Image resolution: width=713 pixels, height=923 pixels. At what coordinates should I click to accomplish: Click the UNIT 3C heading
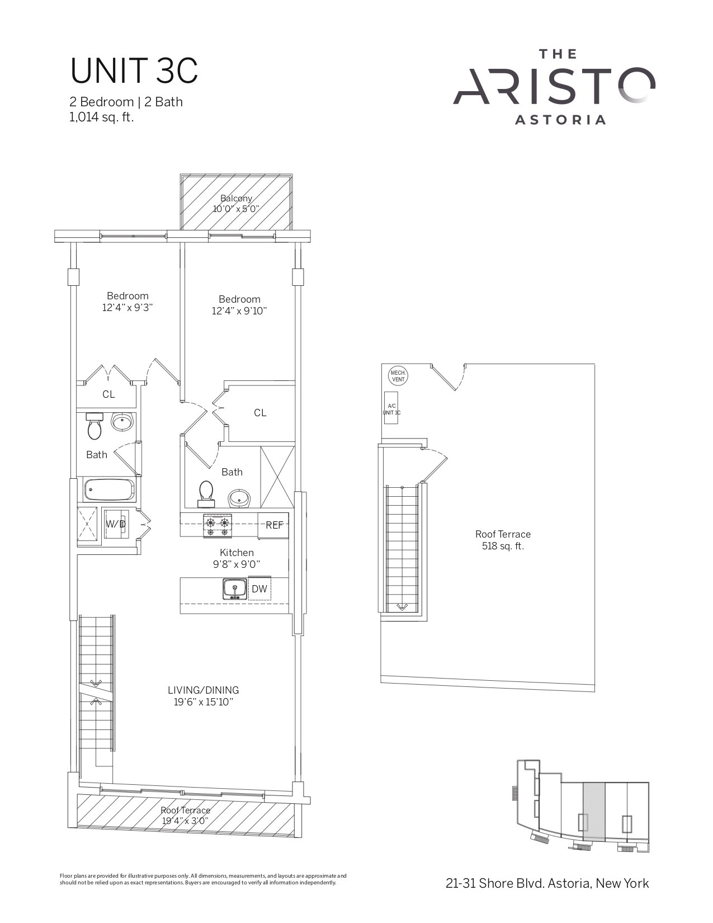(134, 71)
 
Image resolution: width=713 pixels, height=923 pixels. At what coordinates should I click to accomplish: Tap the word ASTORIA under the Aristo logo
(560, 120)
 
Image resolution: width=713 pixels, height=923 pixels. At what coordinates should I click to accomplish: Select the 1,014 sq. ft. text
(101, 117)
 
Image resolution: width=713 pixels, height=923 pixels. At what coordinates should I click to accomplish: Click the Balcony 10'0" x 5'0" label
(236, 204)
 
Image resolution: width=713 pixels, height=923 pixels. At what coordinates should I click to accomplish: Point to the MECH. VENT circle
(398, 376)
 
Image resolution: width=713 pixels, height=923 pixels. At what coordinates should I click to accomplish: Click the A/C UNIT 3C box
(391, 408)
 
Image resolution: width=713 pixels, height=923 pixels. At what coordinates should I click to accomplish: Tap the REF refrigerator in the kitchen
(274, 525)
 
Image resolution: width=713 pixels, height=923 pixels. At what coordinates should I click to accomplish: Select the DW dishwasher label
(259, 588)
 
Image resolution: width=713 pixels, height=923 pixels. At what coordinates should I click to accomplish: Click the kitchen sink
(235, 588)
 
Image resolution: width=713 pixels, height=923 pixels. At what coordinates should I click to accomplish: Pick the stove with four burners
(218, 526)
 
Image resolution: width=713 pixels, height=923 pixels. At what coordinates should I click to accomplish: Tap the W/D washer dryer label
(116, 524)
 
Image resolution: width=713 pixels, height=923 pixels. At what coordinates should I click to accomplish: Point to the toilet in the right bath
(206, 495)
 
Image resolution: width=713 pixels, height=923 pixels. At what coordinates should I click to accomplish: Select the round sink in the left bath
(122, 422)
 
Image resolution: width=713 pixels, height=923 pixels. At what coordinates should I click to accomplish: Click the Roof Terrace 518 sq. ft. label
(503, 540)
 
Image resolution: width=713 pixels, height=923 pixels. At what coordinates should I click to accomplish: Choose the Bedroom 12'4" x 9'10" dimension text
(239, 311)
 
